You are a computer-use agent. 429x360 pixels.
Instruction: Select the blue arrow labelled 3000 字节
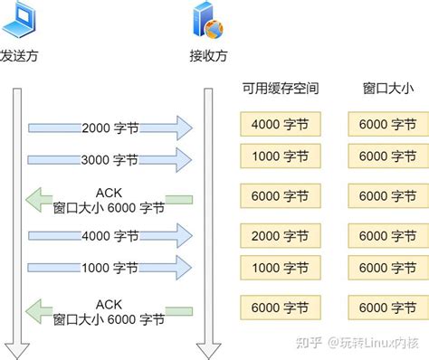point(110,159)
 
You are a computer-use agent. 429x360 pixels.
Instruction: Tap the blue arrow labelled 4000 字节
point(110,236)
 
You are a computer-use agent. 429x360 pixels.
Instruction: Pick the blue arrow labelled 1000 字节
point(110,268)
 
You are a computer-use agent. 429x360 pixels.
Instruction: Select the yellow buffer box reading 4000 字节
point(278,124)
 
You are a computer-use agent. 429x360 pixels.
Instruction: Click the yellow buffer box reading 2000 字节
point(278,236)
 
